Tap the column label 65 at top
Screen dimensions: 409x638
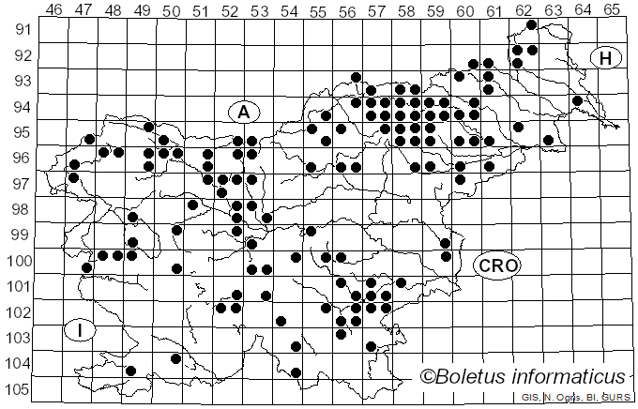[612, 9]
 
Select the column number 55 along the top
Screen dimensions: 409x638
[318, 9]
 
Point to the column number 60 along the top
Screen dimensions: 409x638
[465, 9]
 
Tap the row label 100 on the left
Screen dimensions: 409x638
[19, 261]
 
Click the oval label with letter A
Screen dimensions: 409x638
[243, 112]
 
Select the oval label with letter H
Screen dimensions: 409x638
[606, 58]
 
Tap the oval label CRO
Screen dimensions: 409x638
[496, 265]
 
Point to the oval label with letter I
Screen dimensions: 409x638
[82, 330]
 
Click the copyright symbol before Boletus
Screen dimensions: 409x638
[427, 377]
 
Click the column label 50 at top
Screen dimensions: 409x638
[171, 9]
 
